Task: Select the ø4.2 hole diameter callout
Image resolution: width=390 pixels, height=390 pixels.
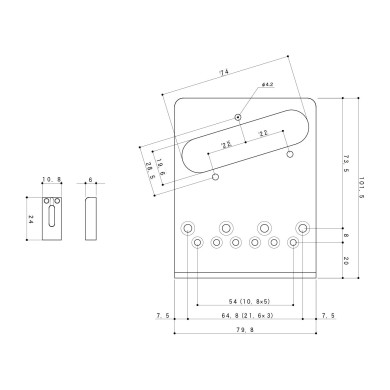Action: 269,85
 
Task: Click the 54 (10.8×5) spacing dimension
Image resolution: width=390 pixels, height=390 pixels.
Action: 245,301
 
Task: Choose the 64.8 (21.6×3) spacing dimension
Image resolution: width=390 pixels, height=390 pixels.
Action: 245,316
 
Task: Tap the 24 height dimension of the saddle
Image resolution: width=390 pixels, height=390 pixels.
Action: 31,217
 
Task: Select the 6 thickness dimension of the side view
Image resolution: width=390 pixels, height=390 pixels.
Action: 92,180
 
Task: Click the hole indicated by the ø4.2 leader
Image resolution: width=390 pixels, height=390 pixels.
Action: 237,116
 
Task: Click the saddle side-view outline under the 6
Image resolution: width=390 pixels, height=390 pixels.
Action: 92,216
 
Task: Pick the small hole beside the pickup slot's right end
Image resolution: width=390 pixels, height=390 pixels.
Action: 290,155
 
